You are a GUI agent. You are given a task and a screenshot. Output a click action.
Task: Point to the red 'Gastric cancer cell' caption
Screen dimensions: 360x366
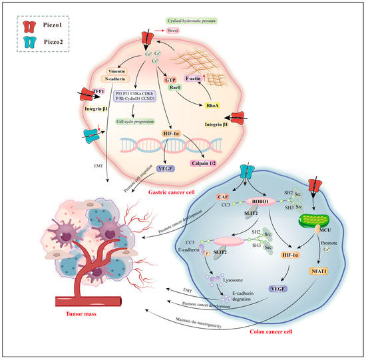coord(176,190)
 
